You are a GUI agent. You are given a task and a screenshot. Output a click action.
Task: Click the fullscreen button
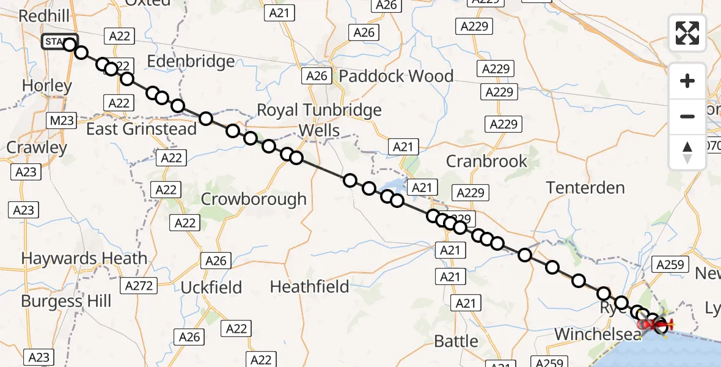coord(687,33)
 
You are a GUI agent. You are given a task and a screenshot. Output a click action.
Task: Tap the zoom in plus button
coord(687,81)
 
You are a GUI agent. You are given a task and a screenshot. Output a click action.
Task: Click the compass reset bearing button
coord(687,152)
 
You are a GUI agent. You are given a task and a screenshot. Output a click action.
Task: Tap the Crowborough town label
coord(254,199)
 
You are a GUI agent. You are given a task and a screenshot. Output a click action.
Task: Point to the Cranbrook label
coord(486,161)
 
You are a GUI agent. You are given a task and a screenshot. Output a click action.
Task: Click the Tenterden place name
coord(585,188)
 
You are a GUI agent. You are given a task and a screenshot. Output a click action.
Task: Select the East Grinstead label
coord(141,129)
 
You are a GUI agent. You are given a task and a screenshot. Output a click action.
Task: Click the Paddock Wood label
coord(396,76)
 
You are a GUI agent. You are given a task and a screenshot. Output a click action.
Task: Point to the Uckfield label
coord(211,287)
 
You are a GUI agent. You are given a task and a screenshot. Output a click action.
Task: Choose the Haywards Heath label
coord(84,259)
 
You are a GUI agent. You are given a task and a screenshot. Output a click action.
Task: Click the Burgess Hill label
coord(66,301)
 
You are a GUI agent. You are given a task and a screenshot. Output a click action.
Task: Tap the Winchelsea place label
coord(598,334)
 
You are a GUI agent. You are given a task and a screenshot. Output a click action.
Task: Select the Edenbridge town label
coord(191,61)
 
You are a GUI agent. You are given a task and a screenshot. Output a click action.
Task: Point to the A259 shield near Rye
coord(671,264)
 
